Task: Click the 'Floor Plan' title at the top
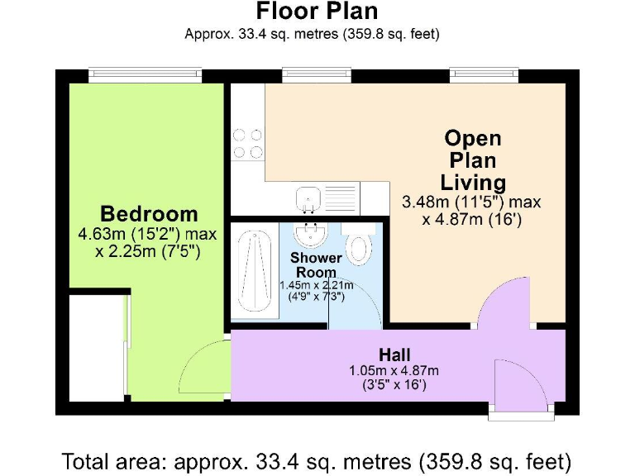pos(317,12)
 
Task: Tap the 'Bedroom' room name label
pos(149,214)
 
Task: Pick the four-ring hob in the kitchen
pos(247,143)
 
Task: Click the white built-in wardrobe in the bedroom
pos(97,346)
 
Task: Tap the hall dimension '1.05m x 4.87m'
pos(394,369)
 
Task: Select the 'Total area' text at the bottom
pos(317,459)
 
